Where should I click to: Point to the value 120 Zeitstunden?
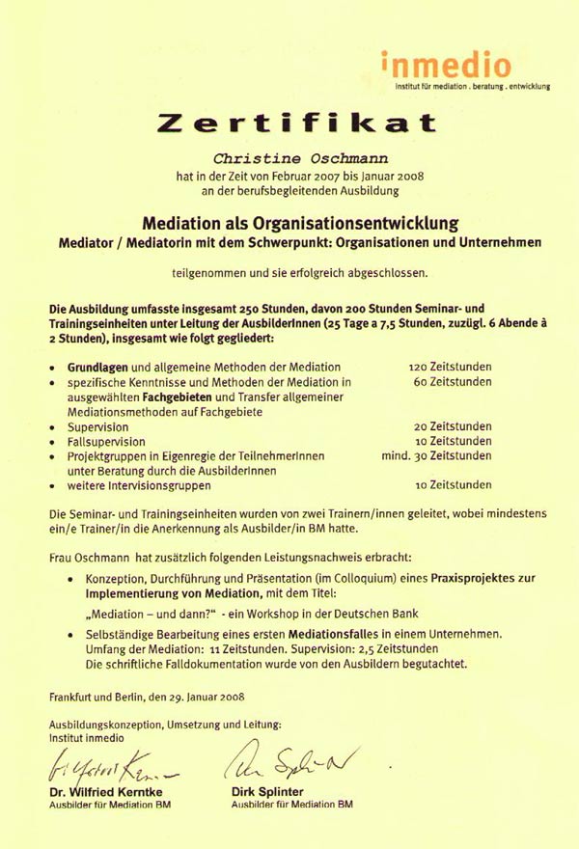(x=451, y=368)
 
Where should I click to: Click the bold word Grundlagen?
(x=96, y=368)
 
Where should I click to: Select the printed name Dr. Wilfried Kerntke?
(x=106, y=791)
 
